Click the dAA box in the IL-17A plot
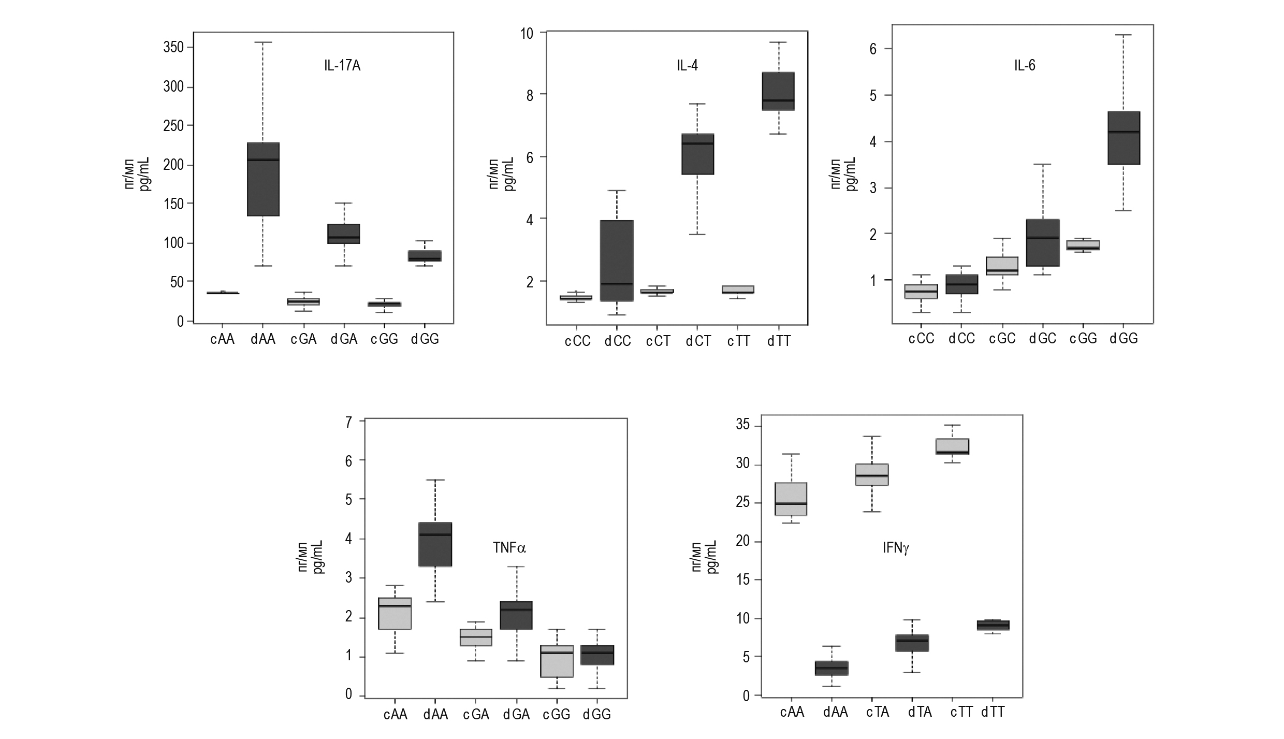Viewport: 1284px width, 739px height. (x=263, y=179)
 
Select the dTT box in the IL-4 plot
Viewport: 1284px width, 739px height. (x=778, y=91)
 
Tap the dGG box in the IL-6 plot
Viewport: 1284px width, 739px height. (x=1123, y=138)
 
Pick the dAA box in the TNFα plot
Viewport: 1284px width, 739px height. (x=435, y=544)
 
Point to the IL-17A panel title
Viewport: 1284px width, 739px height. (x=342, y=66)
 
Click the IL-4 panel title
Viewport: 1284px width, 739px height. (x=687, y=66)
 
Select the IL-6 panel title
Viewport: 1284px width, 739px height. (x=1024, y=66)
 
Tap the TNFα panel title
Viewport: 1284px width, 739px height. (x=509, y=547)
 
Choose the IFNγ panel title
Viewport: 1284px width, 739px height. (x=896, y=548)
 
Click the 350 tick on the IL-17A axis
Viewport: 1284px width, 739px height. (x=173, y=48)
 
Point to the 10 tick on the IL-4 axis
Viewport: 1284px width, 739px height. (x=527, y=34)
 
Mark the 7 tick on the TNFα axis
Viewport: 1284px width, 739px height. (x=348, y=422)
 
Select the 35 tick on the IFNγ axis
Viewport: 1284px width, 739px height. (x=742, y=426)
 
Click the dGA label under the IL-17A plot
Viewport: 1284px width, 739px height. (x=344, y=339)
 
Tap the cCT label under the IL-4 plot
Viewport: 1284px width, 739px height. (x=658, y=341)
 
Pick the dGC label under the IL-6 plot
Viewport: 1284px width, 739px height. (x=1043, y=339)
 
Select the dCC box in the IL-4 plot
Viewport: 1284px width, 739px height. (x=617, y=260)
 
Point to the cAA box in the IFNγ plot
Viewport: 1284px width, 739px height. (x=791, y=499)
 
